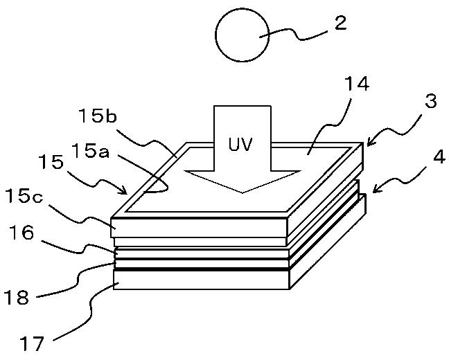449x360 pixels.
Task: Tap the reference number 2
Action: tap(340, 23)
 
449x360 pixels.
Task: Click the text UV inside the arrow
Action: tap(243, 146)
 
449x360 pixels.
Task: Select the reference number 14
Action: tap(356, 85)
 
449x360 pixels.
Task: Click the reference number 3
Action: tap(431, 102)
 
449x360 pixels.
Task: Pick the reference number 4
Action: tap(437, 156)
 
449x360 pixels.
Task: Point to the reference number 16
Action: tap(21, 233)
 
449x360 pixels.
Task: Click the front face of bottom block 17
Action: tap(201, 279)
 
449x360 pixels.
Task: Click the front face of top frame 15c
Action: tap(201, 226)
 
